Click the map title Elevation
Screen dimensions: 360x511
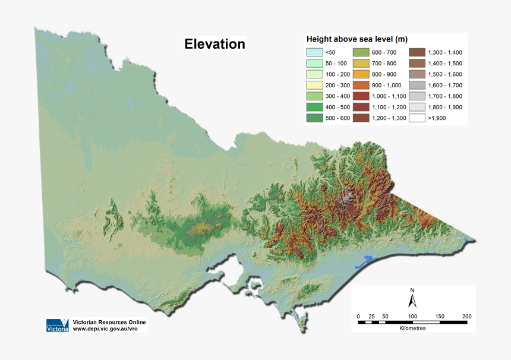point(215,44)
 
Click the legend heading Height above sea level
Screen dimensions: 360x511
point(357,39)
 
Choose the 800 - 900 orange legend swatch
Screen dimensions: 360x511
point(361,74)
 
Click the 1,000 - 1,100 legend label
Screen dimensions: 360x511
point(389,96)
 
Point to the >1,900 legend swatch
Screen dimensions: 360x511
point(417,118)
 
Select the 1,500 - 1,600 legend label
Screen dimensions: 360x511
point(445,74)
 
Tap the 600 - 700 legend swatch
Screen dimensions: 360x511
point(361,52)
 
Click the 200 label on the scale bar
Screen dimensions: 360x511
point(467,316)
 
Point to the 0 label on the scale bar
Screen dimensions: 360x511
point(358,316)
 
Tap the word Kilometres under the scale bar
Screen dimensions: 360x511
point(412,328)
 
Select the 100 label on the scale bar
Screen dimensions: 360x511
point(412,316)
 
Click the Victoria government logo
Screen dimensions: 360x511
point(58,326)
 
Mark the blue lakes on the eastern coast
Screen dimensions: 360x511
point(367,261)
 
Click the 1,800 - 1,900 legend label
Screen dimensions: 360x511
point(445,108)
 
